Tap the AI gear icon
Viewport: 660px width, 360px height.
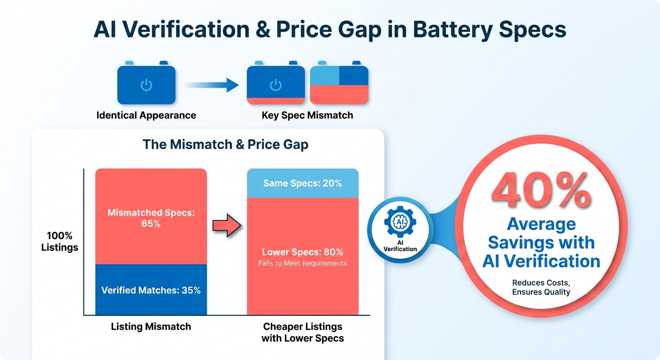coord(400,222)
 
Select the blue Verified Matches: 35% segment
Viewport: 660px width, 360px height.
coord(151,290)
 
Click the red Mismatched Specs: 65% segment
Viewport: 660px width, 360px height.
coord(151,217)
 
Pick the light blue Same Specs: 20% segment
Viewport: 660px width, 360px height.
coord(303,183)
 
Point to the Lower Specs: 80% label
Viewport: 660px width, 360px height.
coord(303,252)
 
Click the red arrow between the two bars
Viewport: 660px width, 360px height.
coord(227,225)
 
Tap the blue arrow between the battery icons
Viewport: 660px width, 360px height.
coord(212,85)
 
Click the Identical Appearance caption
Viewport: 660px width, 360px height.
coord(146,115)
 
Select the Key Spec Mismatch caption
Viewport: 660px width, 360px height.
coord(307,115)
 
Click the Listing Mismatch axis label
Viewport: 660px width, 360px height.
coord(151,326)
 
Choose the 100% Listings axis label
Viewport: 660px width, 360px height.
coord(60,241)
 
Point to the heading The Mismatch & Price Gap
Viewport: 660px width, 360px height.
coord(225,144)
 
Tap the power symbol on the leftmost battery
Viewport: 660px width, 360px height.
coord(146,85)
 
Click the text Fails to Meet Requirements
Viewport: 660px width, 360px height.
coord(303,263)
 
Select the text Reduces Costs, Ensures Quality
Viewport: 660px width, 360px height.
coord(541,287)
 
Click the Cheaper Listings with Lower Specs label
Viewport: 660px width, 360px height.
coord(303,332)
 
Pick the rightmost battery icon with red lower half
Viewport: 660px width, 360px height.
coord(339,83)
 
